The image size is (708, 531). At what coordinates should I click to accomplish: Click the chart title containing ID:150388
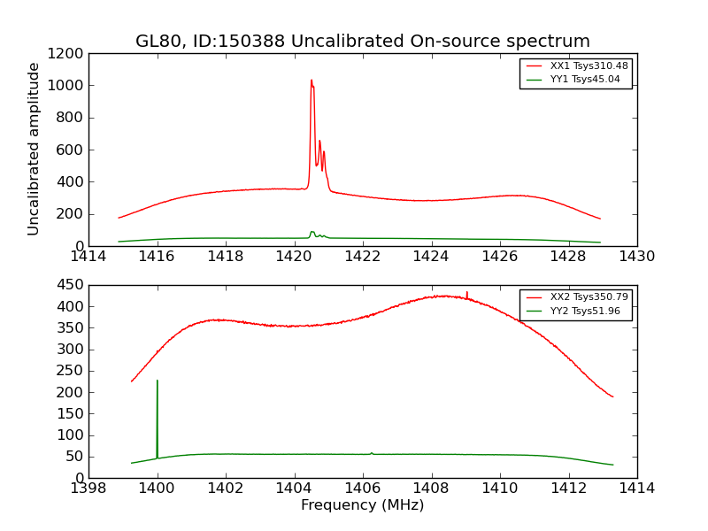click(362, 42)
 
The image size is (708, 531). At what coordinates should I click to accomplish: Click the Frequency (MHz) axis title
click(362, 505)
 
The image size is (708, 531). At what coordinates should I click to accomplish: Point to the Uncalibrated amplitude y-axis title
click(34, 149)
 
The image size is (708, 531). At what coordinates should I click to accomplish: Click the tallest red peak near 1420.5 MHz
click(311, 81)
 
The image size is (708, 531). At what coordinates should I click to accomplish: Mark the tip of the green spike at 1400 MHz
click(158, 381)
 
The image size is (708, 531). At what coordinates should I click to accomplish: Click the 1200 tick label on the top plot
click(66, 53)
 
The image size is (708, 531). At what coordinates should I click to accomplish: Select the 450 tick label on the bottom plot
click(71, 285)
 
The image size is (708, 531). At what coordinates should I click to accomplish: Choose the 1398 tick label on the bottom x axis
click(88, 489)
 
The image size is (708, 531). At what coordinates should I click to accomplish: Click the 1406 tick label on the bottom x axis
click(362, 489)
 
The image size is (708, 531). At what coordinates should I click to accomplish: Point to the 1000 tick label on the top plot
click(66, 86)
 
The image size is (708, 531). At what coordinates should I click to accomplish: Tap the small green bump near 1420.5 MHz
click(312, 232)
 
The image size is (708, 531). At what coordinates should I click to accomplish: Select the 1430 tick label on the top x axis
click(636, 257)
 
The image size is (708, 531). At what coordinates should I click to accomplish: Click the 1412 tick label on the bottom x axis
click(568, 489)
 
